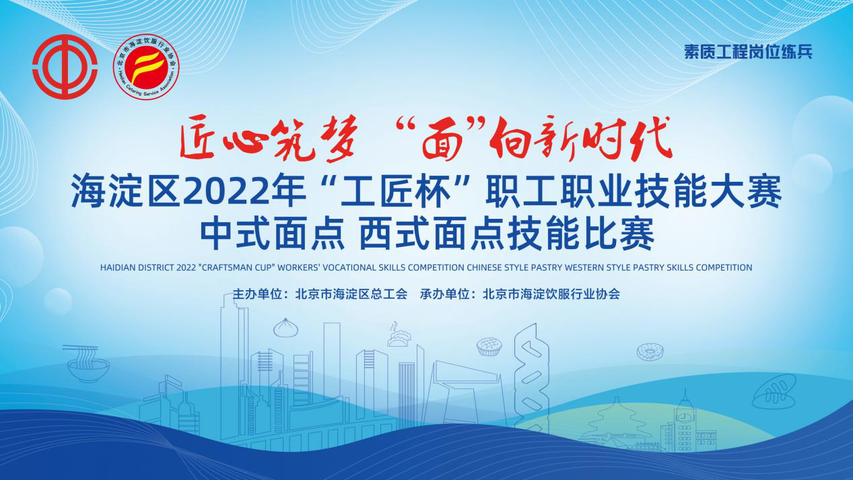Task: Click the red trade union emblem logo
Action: (x=65, y=67)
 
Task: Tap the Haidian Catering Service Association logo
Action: (x=146, y=67)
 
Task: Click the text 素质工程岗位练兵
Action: (x=748, y=52)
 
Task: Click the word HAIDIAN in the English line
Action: (x=118, y=267)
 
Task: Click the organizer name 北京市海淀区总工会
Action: (x=351, y=294)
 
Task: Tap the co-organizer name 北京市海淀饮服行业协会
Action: (x=551, y=294)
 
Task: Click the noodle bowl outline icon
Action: (x=88, y=364)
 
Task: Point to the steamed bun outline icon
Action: (x=285, y=328)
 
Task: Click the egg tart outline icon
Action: (x=489, y=347)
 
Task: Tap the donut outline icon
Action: (x=650, y=351)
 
